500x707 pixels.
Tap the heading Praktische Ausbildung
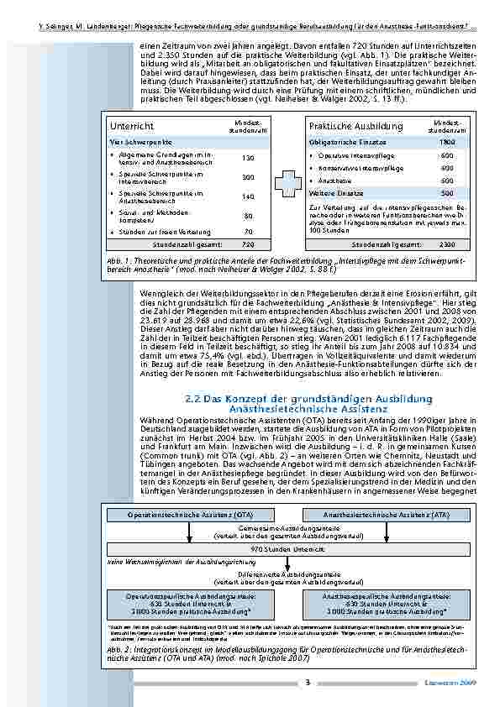pyautogui.click(x=344, y=127)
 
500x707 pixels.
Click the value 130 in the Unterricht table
pyautogui.click(x=248, y=158)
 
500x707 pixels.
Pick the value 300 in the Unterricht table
pyautogui.click(x=248, y=177)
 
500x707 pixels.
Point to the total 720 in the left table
pyautogui.click(x=248, y=244)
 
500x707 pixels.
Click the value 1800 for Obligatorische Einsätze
pyautogui.click(x=447, y=143)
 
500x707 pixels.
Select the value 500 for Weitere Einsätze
pyautogui.click(x=447, y=192)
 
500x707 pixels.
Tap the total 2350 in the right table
pyautogui.click(x=447, y=244)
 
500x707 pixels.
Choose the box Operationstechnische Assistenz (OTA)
pyautogui.click(x=189, y=512)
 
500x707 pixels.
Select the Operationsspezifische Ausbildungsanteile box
pyautogui.click(x=190, y=601)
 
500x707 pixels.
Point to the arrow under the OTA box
pyautogui.click(x=189, y=529)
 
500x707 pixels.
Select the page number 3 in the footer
pyautogui.click(x=308, y=682)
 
